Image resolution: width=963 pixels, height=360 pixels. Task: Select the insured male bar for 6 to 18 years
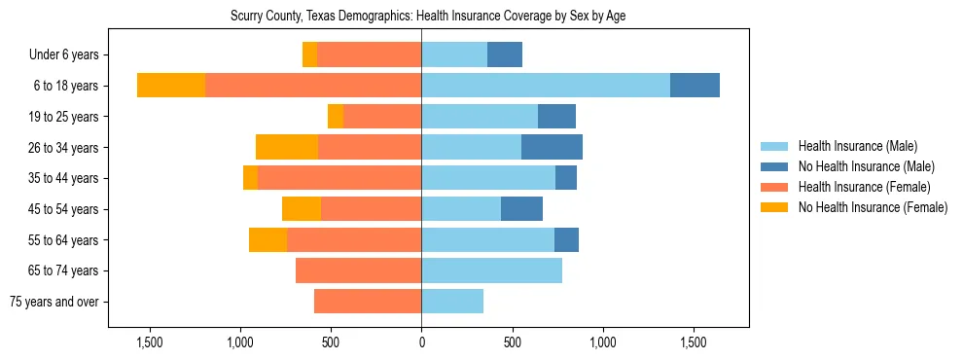pyautogui.click(x=545, y=86)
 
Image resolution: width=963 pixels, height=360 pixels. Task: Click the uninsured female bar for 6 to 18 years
pyautogui.click(x=171, y=86)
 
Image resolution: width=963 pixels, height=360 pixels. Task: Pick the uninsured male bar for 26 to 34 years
pyautogui.click(x=552, y=147)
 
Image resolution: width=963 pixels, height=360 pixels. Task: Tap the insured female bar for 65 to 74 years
pyautogui.click(x=358, y=270)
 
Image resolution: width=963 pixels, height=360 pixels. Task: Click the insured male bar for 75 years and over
pyautogui.click(x=452, y=302)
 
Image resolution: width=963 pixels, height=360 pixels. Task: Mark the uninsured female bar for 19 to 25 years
pyautogui.click(x=336, y=117)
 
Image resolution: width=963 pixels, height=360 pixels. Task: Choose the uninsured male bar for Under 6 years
pyautogui.click(x=505, y=55)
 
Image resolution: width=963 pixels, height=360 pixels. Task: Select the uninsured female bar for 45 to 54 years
pyautogui.click(x=302, y=209)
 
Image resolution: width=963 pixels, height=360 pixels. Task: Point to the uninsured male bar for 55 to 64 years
pyautogui.click(x=566, y=240)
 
